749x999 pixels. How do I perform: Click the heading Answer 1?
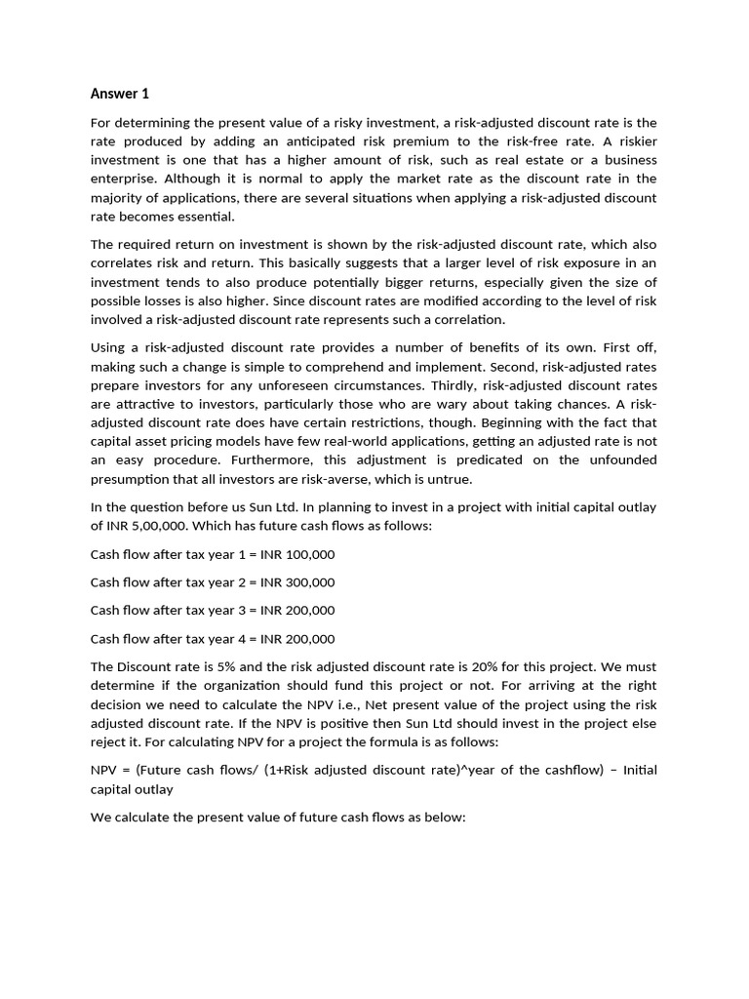pos(120,94)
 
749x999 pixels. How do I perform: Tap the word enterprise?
pos(125,179)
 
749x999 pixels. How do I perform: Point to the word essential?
pos(206,216)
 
